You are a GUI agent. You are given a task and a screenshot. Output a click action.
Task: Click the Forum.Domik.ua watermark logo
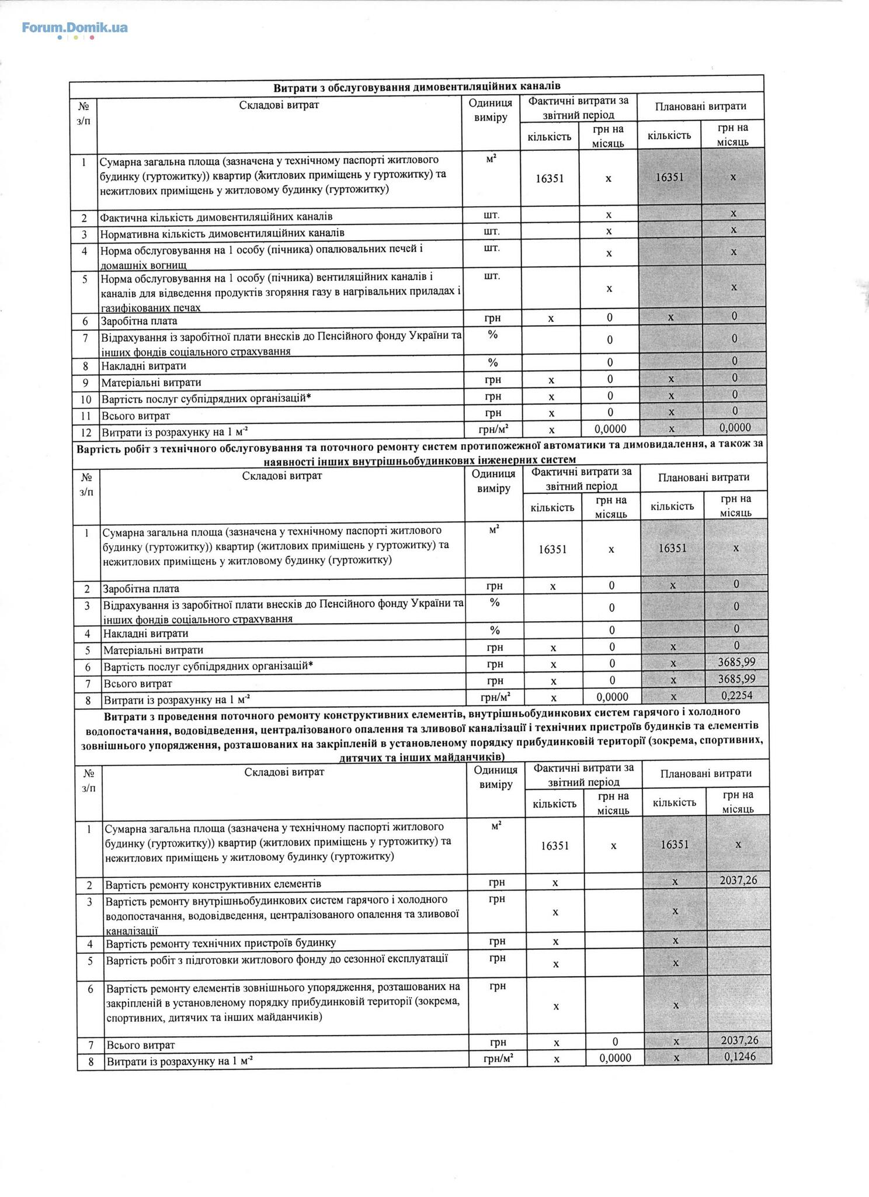click(75, 29)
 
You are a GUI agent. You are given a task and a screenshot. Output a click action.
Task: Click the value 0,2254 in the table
click(736, 695)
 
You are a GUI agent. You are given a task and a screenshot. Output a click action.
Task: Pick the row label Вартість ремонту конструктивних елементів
click(213, 884)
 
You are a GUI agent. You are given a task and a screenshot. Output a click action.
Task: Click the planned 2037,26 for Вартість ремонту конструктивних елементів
click(739, 879)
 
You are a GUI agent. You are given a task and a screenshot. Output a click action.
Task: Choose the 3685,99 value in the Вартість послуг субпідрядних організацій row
click(736, 662)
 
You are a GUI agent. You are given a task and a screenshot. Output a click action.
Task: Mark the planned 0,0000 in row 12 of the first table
click(735, 428)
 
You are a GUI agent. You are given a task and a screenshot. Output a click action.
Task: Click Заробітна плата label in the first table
click(139, 321)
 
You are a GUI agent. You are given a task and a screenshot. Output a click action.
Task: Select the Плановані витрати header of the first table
click(700, 106)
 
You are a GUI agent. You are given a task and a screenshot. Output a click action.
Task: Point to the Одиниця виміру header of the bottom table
click(496, 778)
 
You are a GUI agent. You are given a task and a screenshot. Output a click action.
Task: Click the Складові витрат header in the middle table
click(282, 475)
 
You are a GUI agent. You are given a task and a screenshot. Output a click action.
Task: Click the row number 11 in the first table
click(85, 416)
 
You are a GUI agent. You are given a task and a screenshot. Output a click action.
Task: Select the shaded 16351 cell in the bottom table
click(675, 845)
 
